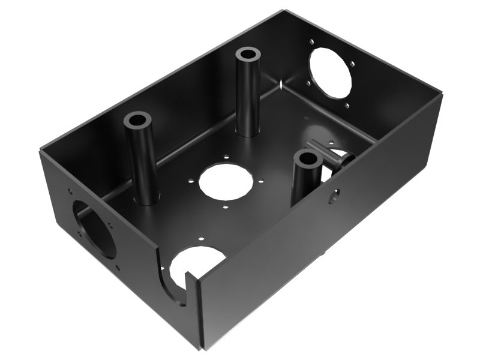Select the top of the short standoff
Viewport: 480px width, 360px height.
(x=308, y=159)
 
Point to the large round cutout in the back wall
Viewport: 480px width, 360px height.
(x=330, y=71)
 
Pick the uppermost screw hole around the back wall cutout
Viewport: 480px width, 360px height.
(x=311, y=41)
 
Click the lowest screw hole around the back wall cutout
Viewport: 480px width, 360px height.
(x=346, y=106)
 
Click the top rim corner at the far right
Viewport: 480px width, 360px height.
(x=442, y=94)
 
